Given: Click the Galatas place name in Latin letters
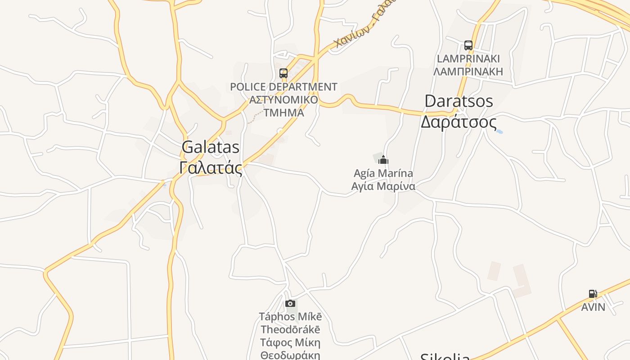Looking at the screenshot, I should [211, 148].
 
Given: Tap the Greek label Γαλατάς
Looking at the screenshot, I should [211, 168].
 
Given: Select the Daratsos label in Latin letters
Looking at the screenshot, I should [459, 101].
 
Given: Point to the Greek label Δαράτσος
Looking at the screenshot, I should [459, 122].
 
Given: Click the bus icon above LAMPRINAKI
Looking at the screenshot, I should [468, 45].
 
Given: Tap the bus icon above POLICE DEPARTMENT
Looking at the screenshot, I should [283, 73].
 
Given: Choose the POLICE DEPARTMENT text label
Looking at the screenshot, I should [283, 87].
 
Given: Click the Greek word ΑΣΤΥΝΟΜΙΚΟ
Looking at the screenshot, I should [283, 100].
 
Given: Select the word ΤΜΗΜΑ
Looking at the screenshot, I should [283, 112].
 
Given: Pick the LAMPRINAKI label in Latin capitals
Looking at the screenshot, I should [468, 59].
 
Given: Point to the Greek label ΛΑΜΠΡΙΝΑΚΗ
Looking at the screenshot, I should [468, 72].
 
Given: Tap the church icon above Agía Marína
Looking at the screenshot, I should [383, 160].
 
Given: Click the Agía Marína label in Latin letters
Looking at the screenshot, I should [383, 173].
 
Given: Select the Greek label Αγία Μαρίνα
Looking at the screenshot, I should [383, 186].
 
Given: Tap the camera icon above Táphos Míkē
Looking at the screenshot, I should [290, 304].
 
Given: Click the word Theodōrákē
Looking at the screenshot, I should [290, 329].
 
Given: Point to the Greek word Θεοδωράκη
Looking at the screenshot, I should [290, 355].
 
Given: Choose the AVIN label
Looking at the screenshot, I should [593, 307].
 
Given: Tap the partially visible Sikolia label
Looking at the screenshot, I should [445, 356].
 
